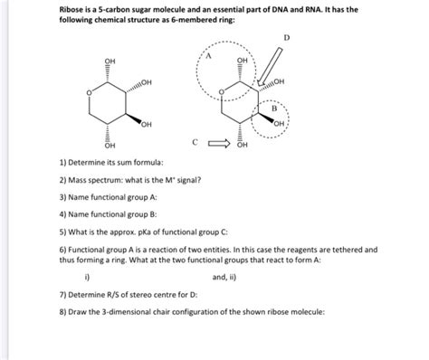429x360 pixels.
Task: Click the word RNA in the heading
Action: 338,9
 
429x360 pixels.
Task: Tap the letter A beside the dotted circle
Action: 207,56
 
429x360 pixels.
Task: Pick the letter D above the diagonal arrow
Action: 288,38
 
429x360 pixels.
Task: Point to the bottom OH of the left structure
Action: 110,145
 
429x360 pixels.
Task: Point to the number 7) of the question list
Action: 62,296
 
